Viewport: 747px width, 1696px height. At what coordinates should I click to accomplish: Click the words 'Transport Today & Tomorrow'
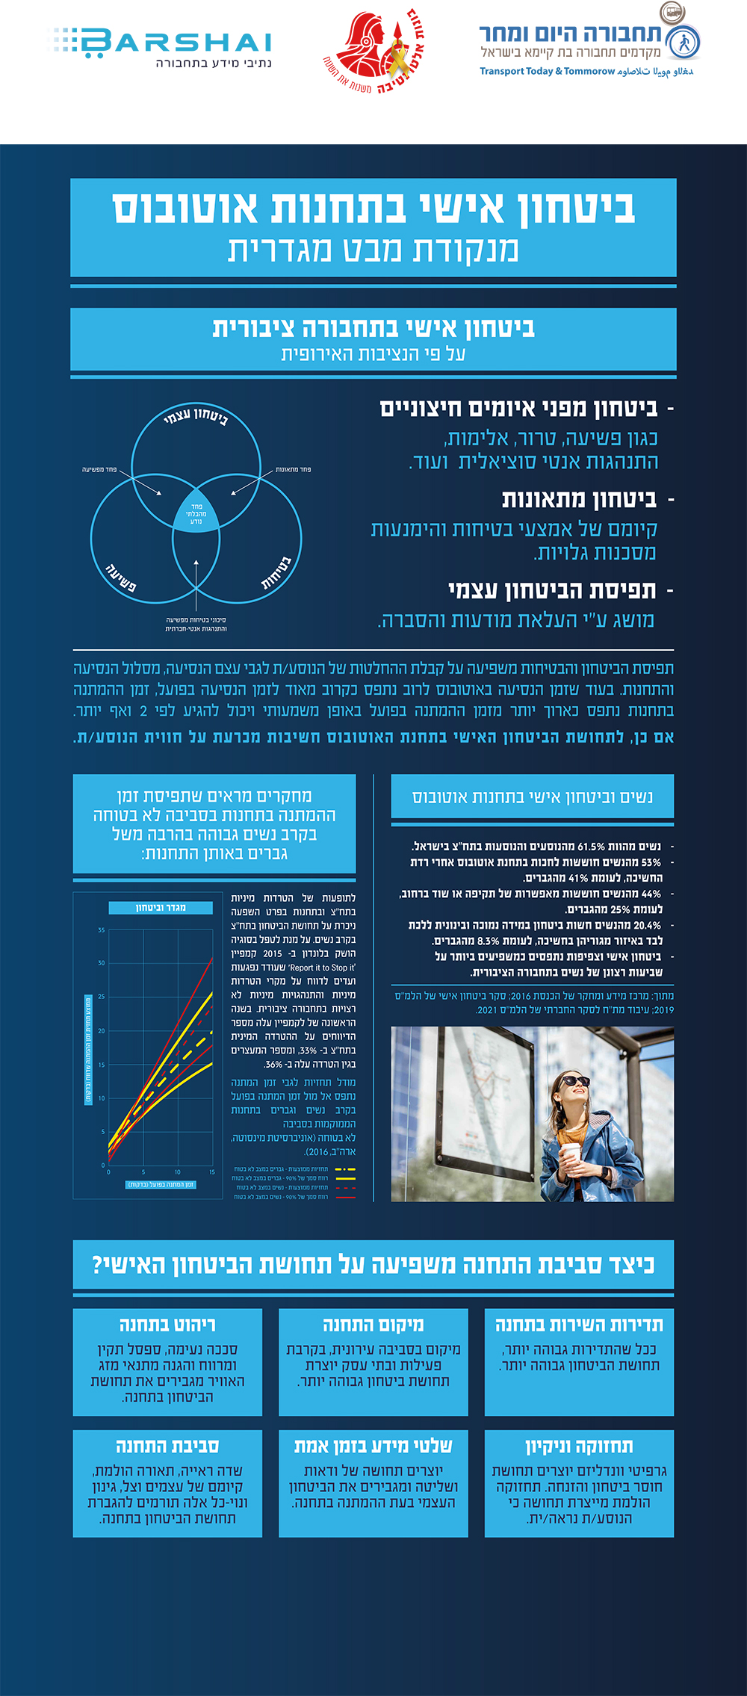pyautogui.click(x=547, y=72)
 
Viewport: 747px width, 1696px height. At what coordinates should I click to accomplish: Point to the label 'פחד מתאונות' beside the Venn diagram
pyautogui.click(x=293, y=469)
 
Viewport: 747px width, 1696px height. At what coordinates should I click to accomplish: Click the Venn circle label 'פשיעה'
pyautogui.click(x=121, y=577)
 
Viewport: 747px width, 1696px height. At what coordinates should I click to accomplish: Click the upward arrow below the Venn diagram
pyautogui.click(x=196, y=583)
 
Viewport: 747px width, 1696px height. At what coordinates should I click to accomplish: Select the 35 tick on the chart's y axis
pyautogui.click(x=102, y=930)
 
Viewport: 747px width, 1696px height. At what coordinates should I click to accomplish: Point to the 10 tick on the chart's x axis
pyautogui.click(x=177, y=1172)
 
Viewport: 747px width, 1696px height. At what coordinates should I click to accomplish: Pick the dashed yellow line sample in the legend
pyautogui.click(x=345, y=1169)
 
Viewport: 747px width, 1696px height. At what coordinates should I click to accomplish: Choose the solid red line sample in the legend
pyautogui.click(x=345, y=1197)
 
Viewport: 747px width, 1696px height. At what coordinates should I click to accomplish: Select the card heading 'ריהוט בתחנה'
pyautogui.click(x=167, y=1325)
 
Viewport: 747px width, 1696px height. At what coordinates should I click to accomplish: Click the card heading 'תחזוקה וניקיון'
pyautogui.click(x=579, y=1446)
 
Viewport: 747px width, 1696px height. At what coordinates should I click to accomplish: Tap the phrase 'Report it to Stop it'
pyautogui.click(x=322, y=968)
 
